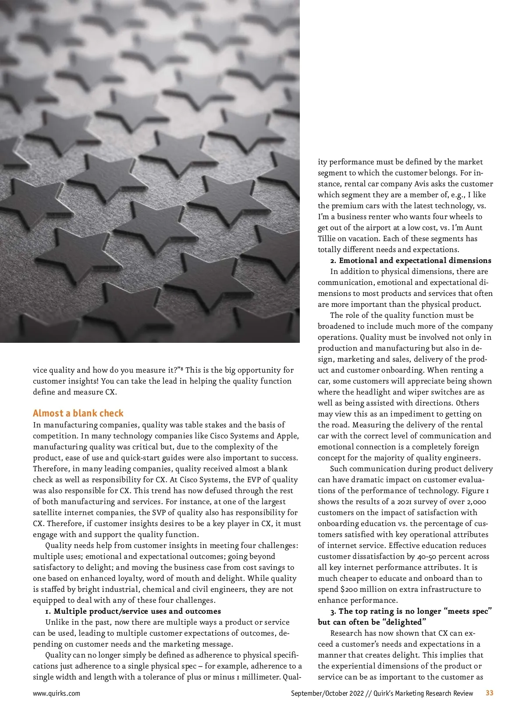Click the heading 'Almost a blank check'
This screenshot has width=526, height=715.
pos(78,413)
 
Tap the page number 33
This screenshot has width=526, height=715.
pos(490,693)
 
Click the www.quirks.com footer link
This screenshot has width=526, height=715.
pos(57,693)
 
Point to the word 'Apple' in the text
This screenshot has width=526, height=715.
pos(287,436)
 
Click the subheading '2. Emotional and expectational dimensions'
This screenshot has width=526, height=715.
pos(411,260)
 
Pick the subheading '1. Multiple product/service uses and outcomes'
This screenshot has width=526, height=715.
pos(133,611)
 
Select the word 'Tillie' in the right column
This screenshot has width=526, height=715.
pos(327,238)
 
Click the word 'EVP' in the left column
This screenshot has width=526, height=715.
pos(255,480)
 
